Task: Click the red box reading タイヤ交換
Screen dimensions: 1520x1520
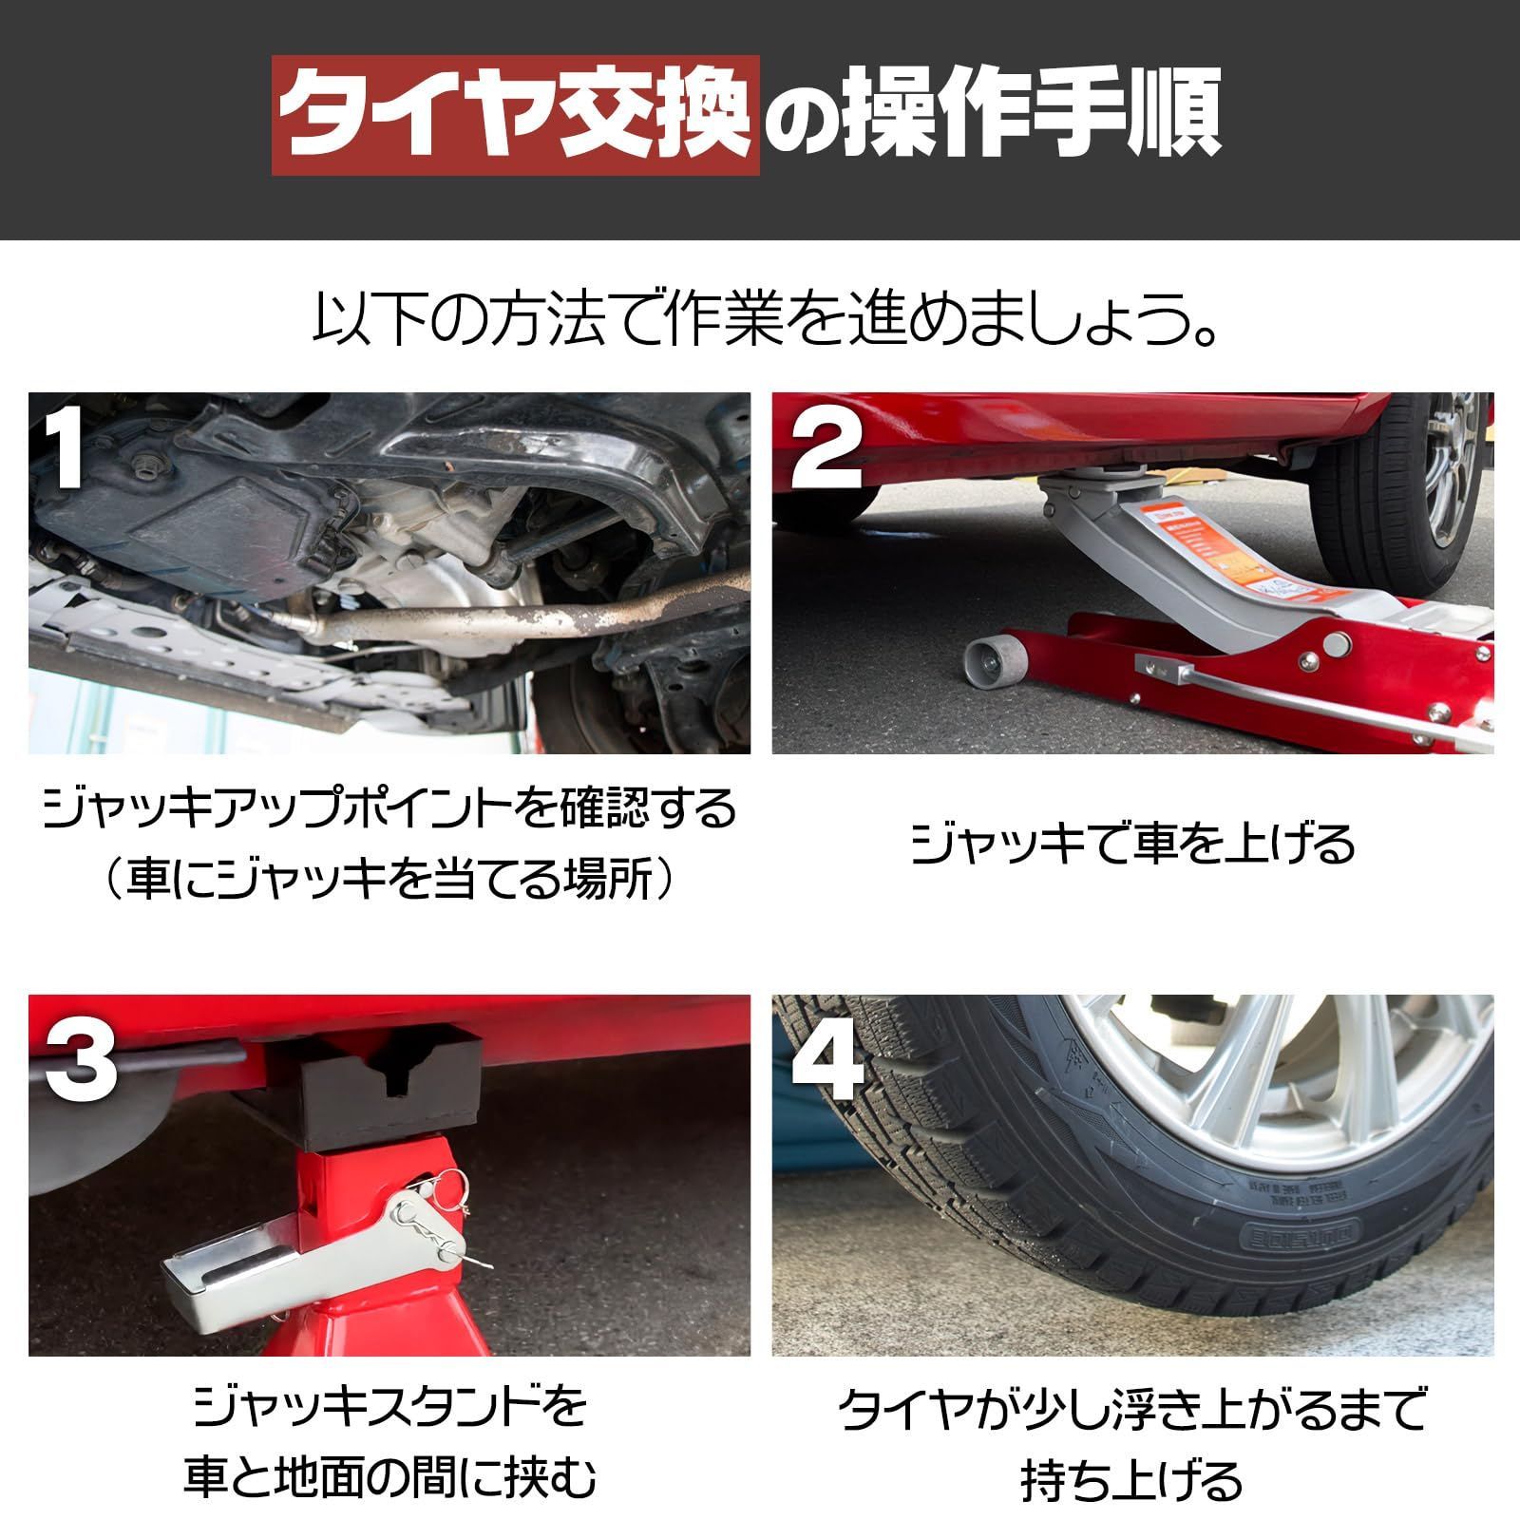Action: pyautogui.click(x=516, y=117)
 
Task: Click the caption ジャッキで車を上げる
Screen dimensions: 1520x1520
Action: pyautogui.click(x=1132, y=844)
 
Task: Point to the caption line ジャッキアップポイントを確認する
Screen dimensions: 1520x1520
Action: pyautogui.click(x=389, y=809)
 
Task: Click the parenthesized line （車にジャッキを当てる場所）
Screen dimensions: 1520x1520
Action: pyautogui.click(x=389, y=880)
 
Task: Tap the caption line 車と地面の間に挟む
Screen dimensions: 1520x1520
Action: pyautogui.click(x=389, y=1478)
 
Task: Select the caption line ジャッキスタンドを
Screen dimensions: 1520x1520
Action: pyautogui.click(x=389, y=1408)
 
